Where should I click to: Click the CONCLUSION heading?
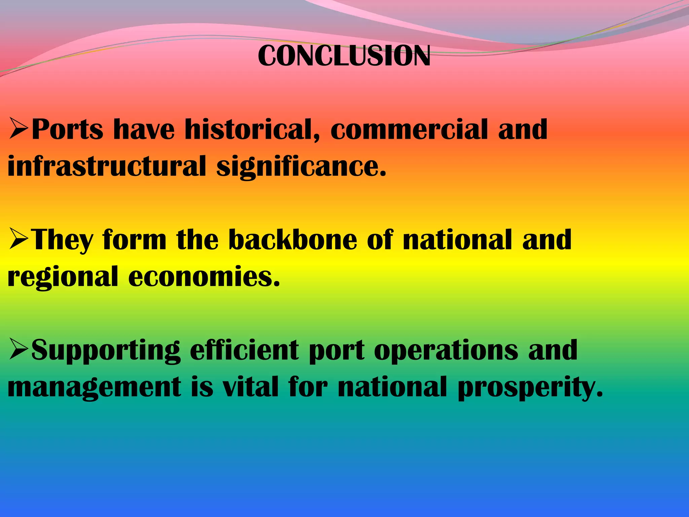[344, 56]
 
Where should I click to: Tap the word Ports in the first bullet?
[67, 130]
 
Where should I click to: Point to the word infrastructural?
[106, 166]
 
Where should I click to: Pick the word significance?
[301, 167]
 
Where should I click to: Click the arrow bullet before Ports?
[19, 130]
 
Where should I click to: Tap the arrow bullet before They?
[19, 240]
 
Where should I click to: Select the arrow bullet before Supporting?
[19, 350]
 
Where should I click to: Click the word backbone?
[293, 240]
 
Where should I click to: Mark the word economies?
[204, 277]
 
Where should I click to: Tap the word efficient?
[244, 350]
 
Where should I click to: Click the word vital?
[251, 387]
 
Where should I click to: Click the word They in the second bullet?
[63, 240]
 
